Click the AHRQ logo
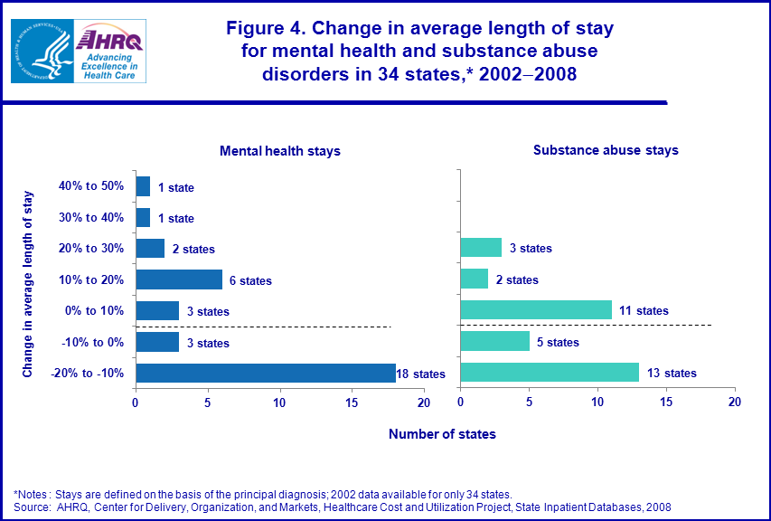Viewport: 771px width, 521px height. click(108, 51)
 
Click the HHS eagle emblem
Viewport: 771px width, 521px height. click(41, 51)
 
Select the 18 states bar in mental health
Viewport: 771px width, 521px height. click(266, 374)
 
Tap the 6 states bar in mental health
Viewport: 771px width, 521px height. click(179, 280)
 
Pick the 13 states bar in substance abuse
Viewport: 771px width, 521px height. click(550, 374)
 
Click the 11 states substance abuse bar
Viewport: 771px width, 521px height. click(536, 311)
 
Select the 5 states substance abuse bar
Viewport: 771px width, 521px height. click(494, 342)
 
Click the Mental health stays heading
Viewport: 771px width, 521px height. click(280, 151)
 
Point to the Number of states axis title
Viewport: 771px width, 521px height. click(442, 434)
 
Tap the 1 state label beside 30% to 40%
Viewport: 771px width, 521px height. click(175, 218)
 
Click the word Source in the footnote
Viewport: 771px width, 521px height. click(31, 507)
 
